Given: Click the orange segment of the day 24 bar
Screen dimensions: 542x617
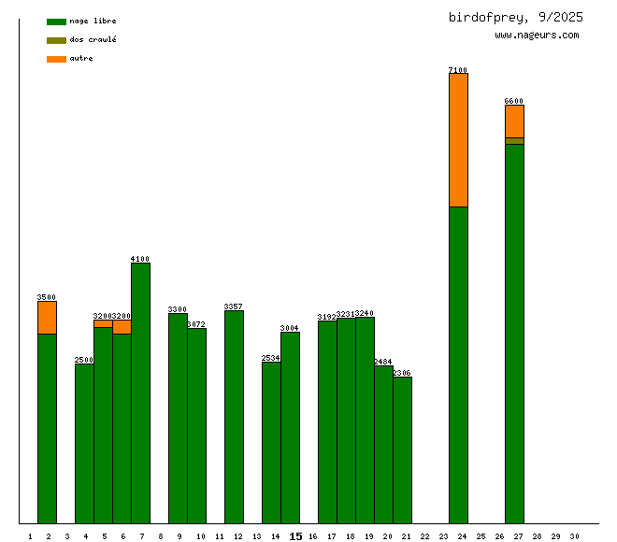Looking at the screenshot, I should coord(458,140).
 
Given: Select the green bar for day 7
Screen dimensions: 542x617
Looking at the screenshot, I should coord(140,392).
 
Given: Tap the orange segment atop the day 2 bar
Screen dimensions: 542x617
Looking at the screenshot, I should coord(47,318).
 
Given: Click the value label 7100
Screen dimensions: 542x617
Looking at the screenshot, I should coord(458,70).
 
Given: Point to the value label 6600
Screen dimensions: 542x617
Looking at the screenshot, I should coord(514,101).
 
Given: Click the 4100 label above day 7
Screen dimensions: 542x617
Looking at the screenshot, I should coord(140,259).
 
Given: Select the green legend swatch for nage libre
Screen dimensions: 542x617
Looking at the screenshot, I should coord(56,21).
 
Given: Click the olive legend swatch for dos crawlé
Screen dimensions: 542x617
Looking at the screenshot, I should coord(56,40).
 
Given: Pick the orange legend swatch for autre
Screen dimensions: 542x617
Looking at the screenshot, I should coord(56,59).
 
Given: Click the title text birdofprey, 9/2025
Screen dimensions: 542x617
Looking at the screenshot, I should coord(515,17).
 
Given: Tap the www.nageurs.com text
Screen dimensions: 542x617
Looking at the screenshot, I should coord(537,36).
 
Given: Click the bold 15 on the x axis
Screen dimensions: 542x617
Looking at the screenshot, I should coord(295,536).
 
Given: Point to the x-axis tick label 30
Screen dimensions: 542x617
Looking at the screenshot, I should coord(574,536).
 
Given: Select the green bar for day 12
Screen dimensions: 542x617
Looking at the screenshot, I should coord(234,417).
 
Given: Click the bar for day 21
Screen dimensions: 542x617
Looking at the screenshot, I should coord(402,449).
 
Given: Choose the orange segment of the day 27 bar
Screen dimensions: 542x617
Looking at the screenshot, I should coord(514,121).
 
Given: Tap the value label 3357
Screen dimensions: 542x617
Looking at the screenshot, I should coord(234,307).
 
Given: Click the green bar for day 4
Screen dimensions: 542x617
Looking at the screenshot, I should coord(84,443).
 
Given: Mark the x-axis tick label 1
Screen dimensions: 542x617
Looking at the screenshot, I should coord(30,536).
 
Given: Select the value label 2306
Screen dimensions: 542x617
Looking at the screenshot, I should coord(402,373).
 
